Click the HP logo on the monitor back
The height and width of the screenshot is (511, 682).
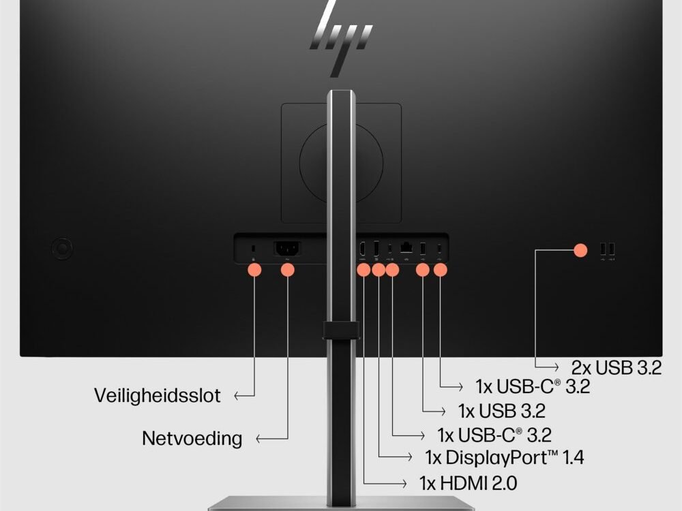click(341, 37)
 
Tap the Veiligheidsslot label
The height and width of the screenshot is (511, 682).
click(158, 395)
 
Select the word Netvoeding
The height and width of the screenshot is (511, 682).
click(192, 437)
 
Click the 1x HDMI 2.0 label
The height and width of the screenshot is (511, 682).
click(468, 484)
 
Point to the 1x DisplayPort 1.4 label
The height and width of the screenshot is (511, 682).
click(505, 456)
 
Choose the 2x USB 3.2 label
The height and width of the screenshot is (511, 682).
click(617, 368)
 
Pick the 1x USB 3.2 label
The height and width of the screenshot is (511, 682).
click(502, 411)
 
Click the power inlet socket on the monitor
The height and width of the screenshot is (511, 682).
click(287, 249)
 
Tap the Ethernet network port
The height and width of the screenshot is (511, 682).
click(407, 248)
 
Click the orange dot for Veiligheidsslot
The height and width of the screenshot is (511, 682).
click(254, 270)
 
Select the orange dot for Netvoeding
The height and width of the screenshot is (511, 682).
click(288, 270)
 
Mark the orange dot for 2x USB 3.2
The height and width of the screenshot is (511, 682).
click(580, 250)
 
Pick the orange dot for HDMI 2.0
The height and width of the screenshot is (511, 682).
click(363, 270)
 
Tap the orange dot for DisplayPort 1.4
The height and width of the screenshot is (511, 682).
click(379, 270)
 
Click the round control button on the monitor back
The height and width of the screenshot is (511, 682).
click(62, 247)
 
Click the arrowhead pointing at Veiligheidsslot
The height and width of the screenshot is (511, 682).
click(237, 395)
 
